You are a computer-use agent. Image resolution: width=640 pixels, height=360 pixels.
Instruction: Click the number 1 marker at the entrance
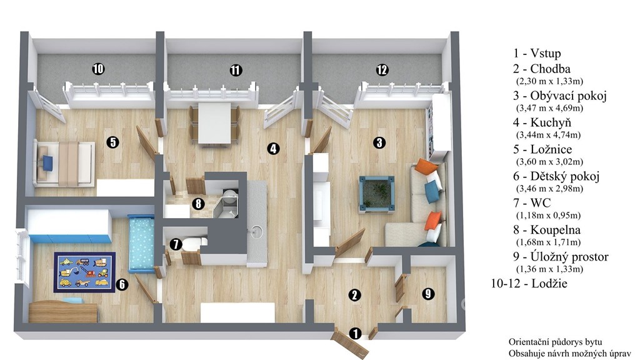(x=356, y=334)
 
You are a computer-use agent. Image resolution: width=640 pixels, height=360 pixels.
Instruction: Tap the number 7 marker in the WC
(x=176, y=244)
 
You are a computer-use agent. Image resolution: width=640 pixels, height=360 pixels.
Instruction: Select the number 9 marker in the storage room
(x=427, y=294)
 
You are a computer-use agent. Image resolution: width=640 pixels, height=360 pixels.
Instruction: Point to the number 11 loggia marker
(x=236, y=70)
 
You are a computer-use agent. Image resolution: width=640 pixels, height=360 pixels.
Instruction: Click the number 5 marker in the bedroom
(x=112, y=142)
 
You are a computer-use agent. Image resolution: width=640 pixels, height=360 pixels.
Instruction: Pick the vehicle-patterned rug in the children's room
(x=84, y=272)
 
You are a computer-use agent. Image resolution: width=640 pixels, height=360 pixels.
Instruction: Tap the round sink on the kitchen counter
(x=256, y=231)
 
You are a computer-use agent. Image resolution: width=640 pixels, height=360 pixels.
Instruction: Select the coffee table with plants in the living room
(x=377, y=195)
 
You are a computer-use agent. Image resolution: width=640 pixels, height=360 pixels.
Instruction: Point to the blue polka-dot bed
(x=141, y=244)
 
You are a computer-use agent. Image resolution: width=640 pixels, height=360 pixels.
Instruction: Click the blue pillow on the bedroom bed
(x=47, y=163)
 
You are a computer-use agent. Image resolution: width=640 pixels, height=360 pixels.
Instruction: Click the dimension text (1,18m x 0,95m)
(x=548, y=215)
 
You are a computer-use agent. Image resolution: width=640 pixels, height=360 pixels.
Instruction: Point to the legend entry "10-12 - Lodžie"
(x=529, y=283)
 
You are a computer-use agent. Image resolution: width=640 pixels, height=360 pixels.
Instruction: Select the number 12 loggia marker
(x=382, y=70)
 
